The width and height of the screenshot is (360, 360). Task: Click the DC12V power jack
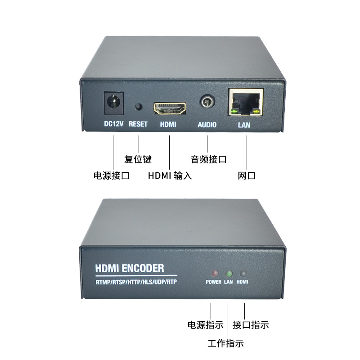click(x=113, y=103)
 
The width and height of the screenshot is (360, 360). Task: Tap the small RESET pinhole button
click(x=138, y=107)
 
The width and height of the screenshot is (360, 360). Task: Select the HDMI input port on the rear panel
click(x=170, y=108)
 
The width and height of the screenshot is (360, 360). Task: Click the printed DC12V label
click(x=113, y=124)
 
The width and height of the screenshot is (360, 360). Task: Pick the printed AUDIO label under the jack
click(x=207, y=125)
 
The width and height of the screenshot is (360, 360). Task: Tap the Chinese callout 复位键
click(x=138, y=159)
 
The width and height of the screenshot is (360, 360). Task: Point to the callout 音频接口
click(x=208, y=159)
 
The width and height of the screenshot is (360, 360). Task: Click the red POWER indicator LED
click(x=214, y=274)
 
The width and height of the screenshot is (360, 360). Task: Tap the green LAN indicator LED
click(x=229, y=274)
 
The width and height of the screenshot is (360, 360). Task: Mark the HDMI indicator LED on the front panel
click(x=243, y=274)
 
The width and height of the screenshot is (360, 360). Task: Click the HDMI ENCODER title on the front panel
click(x=130, y=269)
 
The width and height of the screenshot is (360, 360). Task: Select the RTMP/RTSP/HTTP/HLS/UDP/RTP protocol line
click(x=137, y=282)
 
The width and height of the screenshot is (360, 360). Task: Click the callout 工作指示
click(x=225, y=344)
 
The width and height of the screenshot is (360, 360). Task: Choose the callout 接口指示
click(x=251, y=324)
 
